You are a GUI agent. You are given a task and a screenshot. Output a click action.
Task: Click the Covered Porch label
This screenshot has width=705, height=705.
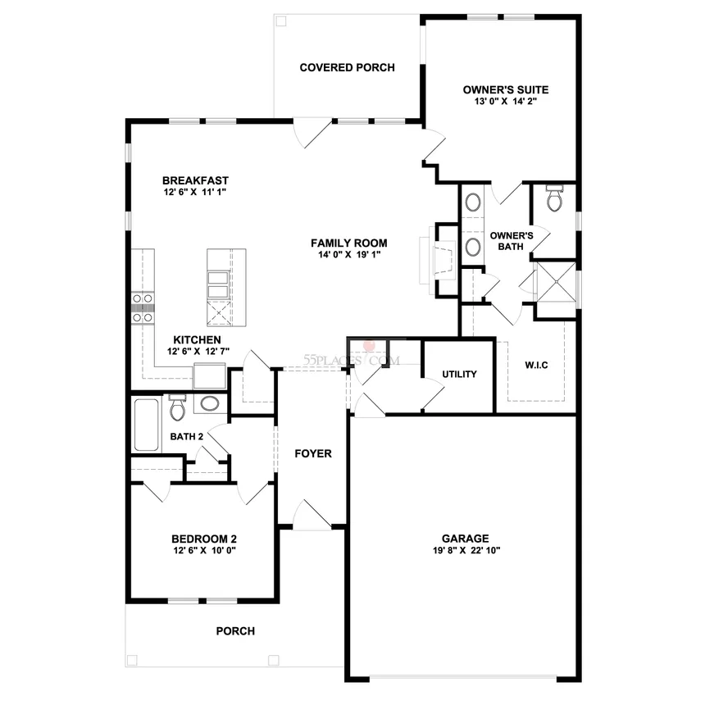pyautogui.click(x=347, y=67)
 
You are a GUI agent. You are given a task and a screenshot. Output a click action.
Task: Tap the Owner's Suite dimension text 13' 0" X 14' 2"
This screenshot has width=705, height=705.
pyautogui.click(x=506, y=102)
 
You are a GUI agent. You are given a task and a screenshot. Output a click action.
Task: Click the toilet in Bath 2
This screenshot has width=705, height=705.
pyautogui.click(x=177, y=407)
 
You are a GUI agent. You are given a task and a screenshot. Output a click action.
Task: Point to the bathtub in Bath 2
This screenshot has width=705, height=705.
pyautogui.click(x=147, y=425)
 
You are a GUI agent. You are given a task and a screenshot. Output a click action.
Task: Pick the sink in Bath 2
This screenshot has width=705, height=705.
pyautogui.click(x=210, y=403)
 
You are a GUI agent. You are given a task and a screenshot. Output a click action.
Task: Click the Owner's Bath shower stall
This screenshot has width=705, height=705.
pyautogui.click(x=557, y=282)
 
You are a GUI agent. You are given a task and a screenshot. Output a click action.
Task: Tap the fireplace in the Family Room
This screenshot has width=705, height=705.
pyautogui.click(x=438, y=260)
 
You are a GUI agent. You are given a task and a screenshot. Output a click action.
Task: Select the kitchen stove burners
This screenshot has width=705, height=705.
pyautogui.click(x=142, y=308)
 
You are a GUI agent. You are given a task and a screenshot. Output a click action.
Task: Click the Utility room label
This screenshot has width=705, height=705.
pyautogui.click(x=460, y=374)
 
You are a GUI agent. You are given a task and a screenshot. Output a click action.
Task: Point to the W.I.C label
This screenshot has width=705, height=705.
pyautogui.click(x=536, y=365)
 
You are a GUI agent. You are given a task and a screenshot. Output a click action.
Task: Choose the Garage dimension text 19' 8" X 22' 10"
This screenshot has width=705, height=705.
pyautogui.click(x=466, y=550)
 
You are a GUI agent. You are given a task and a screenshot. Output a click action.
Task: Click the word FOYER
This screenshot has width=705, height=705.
pyautogui.click(x=313, y=453)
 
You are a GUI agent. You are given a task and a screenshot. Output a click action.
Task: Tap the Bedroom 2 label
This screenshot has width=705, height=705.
pyautogui.click(x=204, y=539)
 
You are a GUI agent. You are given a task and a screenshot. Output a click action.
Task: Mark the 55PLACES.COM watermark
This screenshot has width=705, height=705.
pyautogui.click(x=352, y=360)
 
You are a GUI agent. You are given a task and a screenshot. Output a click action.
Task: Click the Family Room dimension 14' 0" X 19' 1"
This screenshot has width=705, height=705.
pyautogui.click(x=349, y=255)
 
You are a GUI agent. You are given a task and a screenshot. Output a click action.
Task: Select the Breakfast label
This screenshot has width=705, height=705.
pyautogui.click(x=196, y=180)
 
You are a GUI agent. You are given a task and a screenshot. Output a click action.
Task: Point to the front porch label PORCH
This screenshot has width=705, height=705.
pyautogui.click(x=235, y=631)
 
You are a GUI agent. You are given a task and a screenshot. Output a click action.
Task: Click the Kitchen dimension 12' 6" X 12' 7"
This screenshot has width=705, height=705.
pyautogui.click(x=198, y=352)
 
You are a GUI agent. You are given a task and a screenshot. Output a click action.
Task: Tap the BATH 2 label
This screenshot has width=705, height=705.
pyautogui.click(x=187, y=437)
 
